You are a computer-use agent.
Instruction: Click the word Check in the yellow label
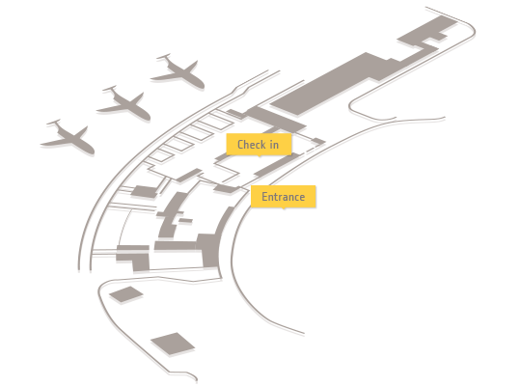(251, 145)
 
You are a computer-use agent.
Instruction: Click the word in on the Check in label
(274, 145)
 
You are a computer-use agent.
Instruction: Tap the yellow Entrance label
(283, 197)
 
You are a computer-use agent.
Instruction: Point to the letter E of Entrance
(264, 197)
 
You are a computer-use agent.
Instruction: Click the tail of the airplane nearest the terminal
(164, 57)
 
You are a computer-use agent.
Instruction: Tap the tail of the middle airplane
(110, 89)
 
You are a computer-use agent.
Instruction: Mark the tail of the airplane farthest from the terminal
(53, 123)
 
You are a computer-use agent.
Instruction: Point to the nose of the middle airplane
(147, 117)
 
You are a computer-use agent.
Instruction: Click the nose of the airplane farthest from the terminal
(91, 151)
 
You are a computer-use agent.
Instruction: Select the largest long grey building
(336, 83)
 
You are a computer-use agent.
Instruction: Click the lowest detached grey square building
(173, 344)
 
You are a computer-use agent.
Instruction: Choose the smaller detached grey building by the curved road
(126, 294)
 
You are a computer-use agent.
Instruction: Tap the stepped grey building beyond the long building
(427, 33)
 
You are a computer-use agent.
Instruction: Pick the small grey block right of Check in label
(319, 141)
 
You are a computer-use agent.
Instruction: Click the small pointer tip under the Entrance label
(284, 208)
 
